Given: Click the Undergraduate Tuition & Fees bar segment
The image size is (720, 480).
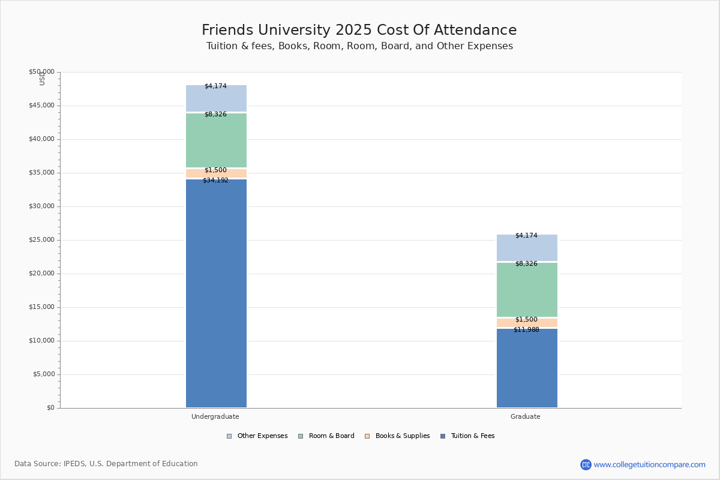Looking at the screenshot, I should point(216,294).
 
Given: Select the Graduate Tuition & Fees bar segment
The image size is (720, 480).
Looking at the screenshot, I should point(527,368).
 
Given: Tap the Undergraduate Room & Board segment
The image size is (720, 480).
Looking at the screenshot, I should point(216,141).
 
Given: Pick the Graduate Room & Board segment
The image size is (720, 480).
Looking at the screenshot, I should point(527,290).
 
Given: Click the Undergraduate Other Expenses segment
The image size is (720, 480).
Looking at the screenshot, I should point(216,100).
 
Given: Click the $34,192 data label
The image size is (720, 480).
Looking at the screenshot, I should point(215,181).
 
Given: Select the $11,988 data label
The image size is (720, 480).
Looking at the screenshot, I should point(526,330).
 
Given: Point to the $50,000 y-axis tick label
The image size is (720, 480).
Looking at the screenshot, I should point(41,72).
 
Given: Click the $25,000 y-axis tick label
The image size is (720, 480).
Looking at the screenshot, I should point(41,240).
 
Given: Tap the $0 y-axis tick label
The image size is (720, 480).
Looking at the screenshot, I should point(50,408).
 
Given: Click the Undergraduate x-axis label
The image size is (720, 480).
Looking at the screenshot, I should point(215,416).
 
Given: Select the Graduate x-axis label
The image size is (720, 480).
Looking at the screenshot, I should point(526,416).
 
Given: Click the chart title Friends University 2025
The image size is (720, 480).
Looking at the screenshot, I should point(359,31).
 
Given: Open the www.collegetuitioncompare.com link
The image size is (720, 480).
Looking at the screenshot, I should point(649,464).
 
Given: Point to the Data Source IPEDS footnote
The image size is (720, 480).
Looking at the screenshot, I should point(106,464).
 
